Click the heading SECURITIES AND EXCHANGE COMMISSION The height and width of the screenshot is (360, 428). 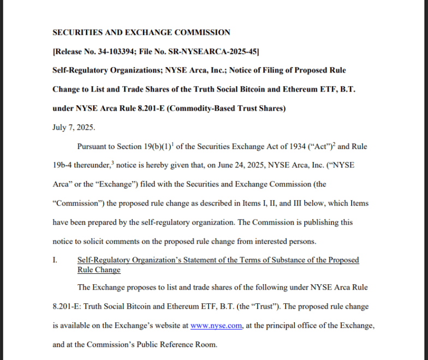141,32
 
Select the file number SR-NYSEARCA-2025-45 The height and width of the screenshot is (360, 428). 215,51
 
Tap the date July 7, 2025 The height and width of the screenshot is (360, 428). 74,127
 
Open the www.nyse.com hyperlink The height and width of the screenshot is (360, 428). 216,325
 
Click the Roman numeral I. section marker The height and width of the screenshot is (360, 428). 55,260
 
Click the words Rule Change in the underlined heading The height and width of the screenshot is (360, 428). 99,270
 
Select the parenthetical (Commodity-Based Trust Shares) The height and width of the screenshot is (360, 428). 225,108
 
